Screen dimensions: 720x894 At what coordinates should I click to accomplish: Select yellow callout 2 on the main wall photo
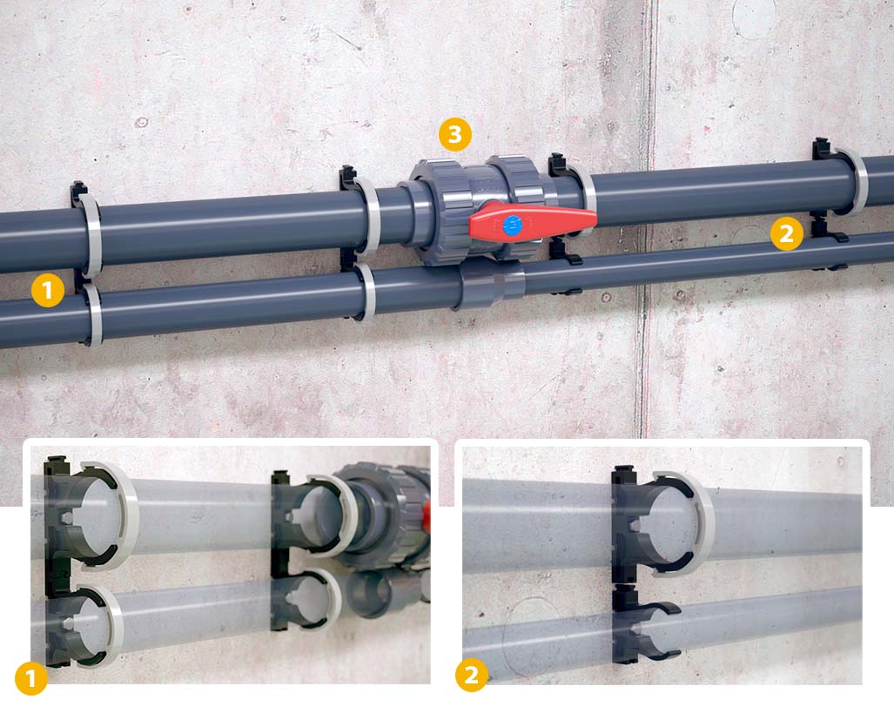click(786, 233)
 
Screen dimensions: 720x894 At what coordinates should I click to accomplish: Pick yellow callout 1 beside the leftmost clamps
click(47, 291)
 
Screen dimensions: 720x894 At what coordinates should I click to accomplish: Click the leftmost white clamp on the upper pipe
click(91, 233)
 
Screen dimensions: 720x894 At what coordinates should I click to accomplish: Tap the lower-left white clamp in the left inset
click(109, 627)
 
